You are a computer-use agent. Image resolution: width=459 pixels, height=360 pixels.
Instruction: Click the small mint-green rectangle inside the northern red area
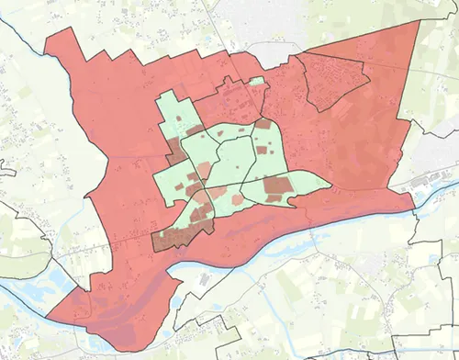pyautogui.click(x=257, y=82)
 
